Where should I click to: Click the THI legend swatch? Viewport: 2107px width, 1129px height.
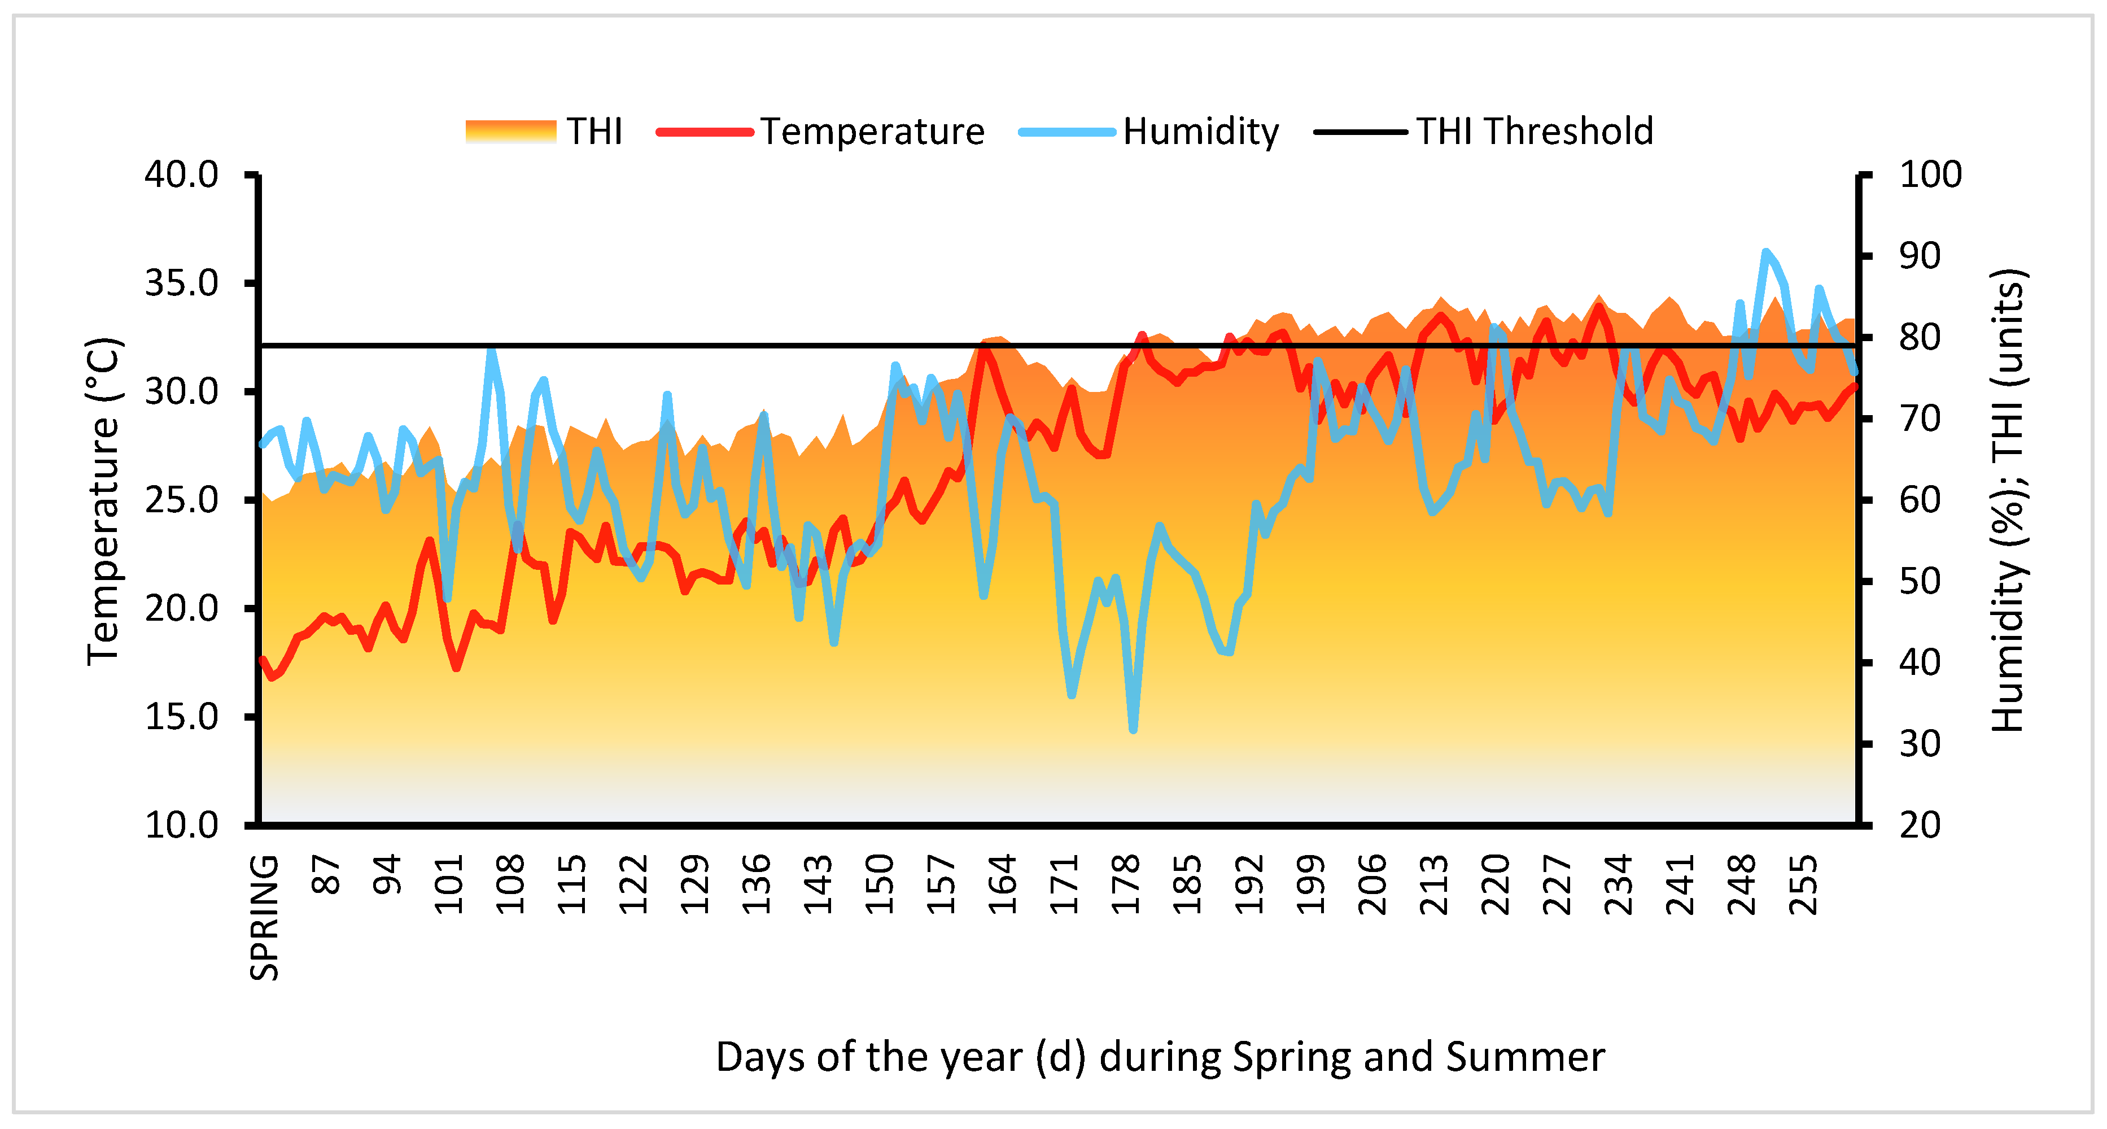[x=510, y=132]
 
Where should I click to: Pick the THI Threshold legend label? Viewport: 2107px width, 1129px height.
[x=1535, y=132]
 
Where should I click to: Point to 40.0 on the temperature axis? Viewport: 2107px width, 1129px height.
[x=182, y=175]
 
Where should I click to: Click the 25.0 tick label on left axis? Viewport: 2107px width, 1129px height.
[x=182, y=500]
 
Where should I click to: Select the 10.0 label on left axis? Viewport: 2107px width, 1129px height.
[x=182, y=825]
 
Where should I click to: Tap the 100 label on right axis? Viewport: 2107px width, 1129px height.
[x=1930, y=175]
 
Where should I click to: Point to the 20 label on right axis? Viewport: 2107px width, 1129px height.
[x=1919, y=825]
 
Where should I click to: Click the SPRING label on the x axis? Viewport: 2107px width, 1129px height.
[x=265, y=917]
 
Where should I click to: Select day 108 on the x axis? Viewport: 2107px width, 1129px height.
[x=510, y=884]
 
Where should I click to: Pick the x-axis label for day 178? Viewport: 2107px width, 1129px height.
[x=1126, y=884]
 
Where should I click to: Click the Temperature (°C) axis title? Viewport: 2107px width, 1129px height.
[x=104, y=501]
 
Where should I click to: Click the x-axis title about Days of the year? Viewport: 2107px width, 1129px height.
[x=1160, y=1057]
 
